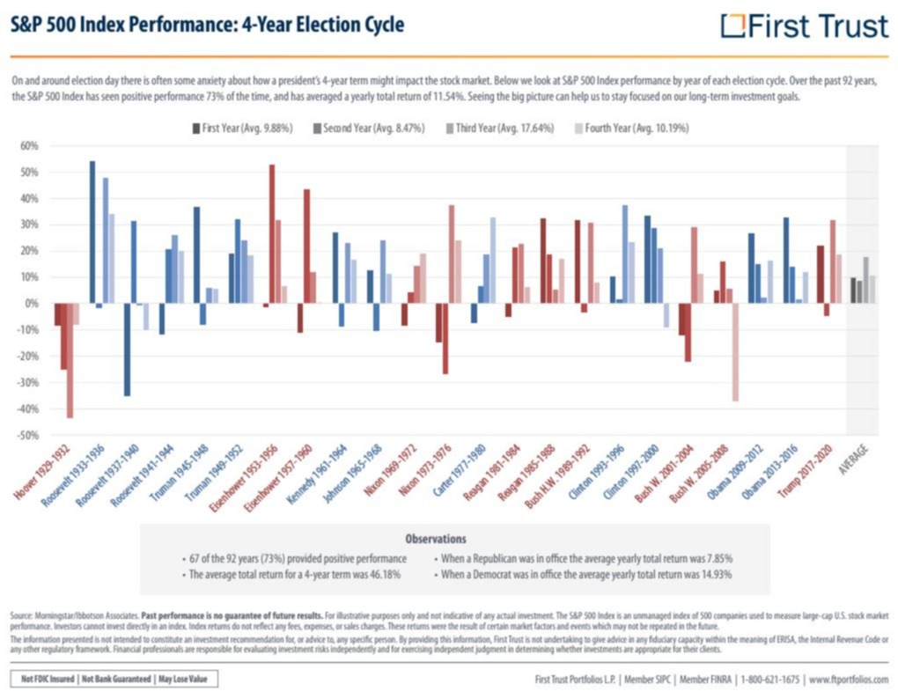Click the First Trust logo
click(804, 26)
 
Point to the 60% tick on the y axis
click(30, 145)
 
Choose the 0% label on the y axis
click(33, 304)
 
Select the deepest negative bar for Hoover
click(70, 360)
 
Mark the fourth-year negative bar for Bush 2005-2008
click(735, 352)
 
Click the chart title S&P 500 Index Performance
click(207, 24)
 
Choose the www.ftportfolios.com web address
click(848, 680)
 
